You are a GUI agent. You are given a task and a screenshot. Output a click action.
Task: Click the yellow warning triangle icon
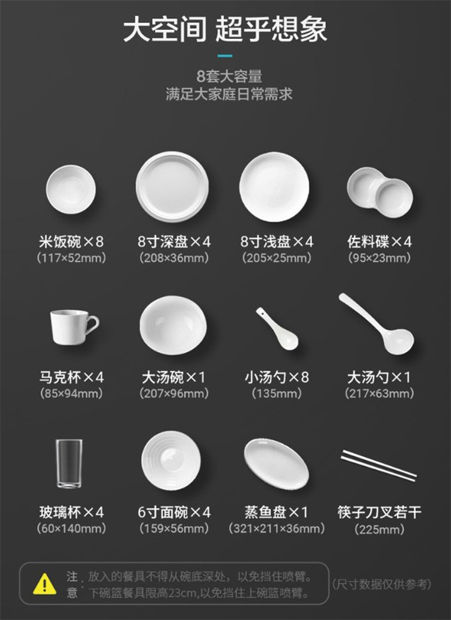click(44, 584)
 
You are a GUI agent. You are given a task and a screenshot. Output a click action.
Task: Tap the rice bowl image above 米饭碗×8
click(71, 190)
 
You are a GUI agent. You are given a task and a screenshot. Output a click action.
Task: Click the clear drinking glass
click(69, 463)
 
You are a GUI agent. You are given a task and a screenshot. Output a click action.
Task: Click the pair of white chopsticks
click(379, 465)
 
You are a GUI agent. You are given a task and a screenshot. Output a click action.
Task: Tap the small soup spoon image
click(277, 329)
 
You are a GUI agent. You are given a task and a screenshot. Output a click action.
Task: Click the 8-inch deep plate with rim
click(172, 187)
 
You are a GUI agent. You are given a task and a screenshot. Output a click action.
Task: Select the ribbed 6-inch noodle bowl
click(171, 461)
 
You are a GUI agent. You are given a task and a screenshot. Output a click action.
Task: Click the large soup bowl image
click(173, 325)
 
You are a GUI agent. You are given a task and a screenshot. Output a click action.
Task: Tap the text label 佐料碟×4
click(379, 241)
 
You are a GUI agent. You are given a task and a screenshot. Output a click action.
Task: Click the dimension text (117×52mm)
click(72, 258)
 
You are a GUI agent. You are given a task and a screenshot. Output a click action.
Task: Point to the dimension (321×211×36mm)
click(277, 528)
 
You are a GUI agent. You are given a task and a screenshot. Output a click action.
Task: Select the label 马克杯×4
click(72, 377)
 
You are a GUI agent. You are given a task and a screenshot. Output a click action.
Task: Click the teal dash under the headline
click(225, 56)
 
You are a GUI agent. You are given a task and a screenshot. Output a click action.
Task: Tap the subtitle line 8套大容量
click(230, 76)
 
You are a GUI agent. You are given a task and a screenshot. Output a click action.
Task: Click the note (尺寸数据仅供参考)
click(381, 584)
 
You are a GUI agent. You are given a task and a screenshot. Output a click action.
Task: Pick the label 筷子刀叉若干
click(379, 512)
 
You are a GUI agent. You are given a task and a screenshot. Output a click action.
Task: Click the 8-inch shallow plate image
click(274, 187)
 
